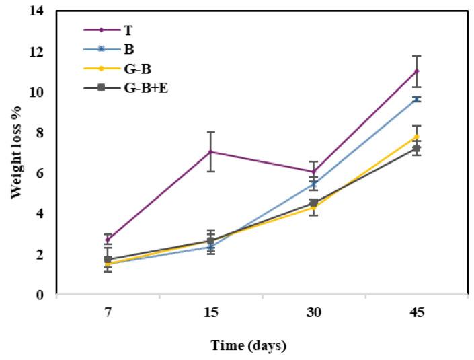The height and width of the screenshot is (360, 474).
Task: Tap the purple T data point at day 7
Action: pos(108,239)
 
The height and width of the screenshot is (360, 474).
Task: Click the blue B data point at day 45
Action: pos(416,99)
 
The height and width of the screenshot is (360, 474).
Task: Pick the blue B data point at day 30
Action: pos(313,183)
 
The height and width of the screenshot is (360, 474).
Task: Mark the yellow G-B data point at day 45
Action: pos(416,137)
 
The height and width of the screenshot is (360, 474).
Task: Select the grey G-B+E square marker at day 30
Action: pos(313,203)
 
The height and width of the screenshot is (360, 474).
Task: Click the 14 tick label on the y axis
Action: pos(38,11)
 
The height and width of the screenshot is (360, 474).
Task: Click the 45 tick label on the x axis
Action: pos(416,314)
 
